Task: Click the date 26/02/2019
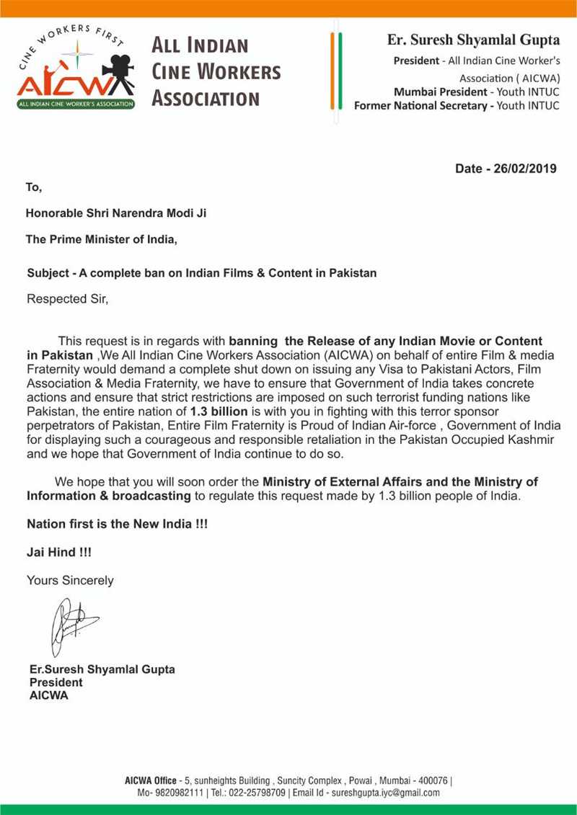pyautogui.click(x=524, y=169)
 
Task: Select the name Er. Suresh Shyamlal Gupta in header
pyautogui.click(x=473, y=40)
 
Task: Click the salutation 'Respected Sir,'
pyautogui.click(x=67, y=298)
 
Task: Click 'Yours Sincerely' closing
pyautogui.click(x=70, y=580)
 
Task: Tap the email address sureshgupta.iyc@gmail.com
pyautogui.click(x=385, y=793)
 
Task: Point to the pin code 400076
pyautogui.click(x=431, y=780)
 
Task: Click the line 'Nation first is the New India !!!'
pyautogui.click(x=118, y=524)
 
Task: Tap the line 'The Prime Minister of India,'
pyautogui.click(x=101, y=239)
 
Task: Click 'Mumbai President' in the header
pyautogui.click(x=440, y=92)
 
